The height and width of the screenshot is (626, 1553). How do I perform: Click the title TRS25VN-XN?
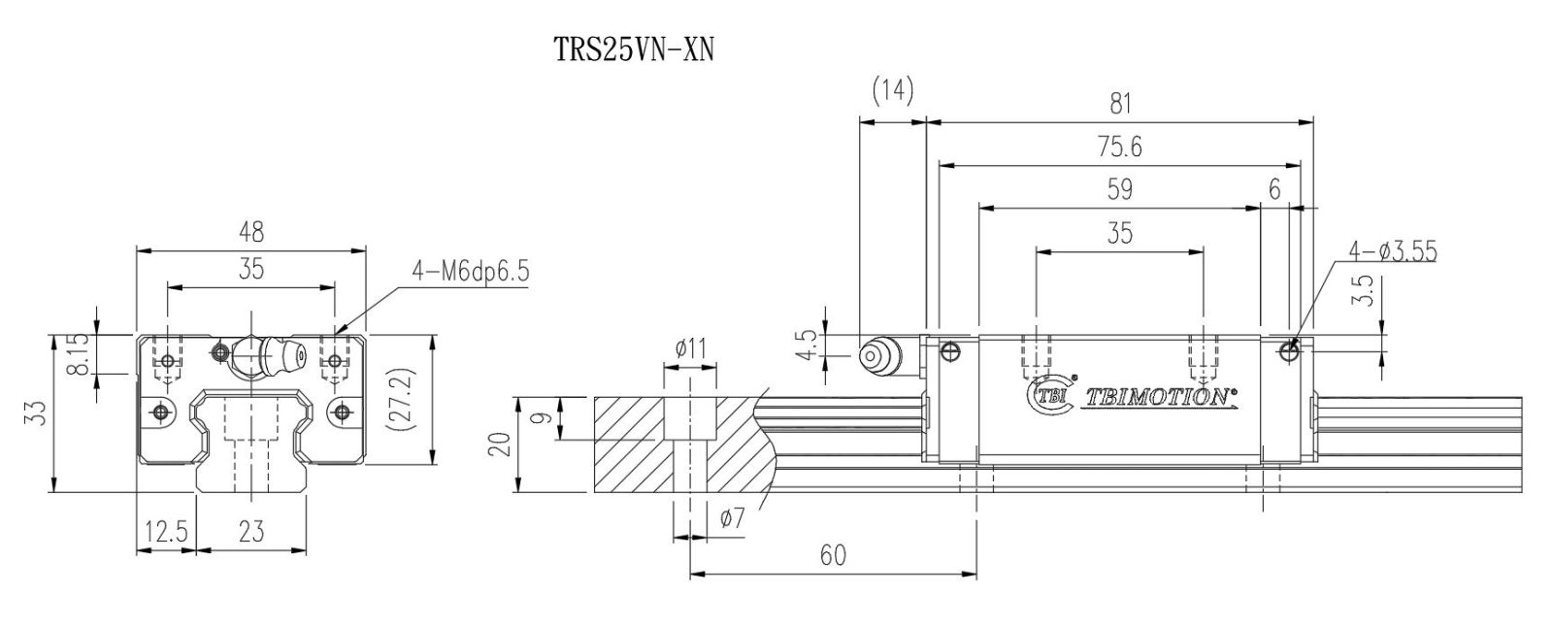pos(633,49)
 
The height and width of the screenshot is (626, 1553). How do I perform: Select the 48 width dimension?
pos(250,232)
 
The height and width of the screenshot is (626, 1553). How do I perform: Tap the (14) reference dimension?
pos(893,90)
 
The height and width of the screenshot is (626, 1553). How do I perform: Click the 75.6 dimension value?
pos(1118,147)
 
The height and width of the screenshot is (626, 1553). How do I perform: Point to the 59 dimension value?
pos(1119,189)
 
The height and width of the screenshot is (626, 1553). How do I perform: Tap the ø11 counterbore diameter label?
pos(690,347)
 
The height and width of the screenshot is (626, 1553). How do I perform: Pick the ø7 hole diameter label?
pos(733,519)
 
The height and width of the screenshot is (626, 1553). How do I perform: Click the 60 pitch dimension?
pos(832,555)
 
